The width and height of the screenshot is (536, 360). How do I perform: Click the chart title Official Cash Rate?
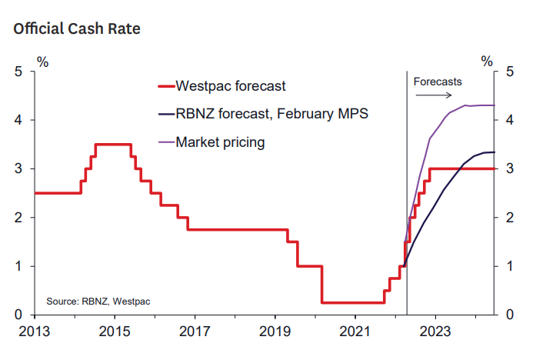click(x=76, y=29)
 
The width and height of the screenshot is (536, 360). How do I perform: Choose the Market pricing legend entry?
click(x=220, y=142)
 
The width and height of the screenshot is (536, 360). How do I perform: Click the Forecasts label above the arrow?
click(x=438, y=81)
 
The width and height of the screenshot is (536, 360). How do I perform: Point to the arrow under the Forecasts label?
click(x=435, y=95)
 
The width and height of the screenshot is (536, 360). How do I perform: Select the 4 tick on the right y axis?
click(x=509, y=121)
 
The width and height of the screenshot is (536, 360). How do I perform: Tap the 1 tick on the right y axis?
click(x=509, y=266)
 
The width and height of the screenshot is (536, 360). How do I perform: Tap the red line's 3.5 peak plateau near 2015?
click(x=112, y=144)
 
